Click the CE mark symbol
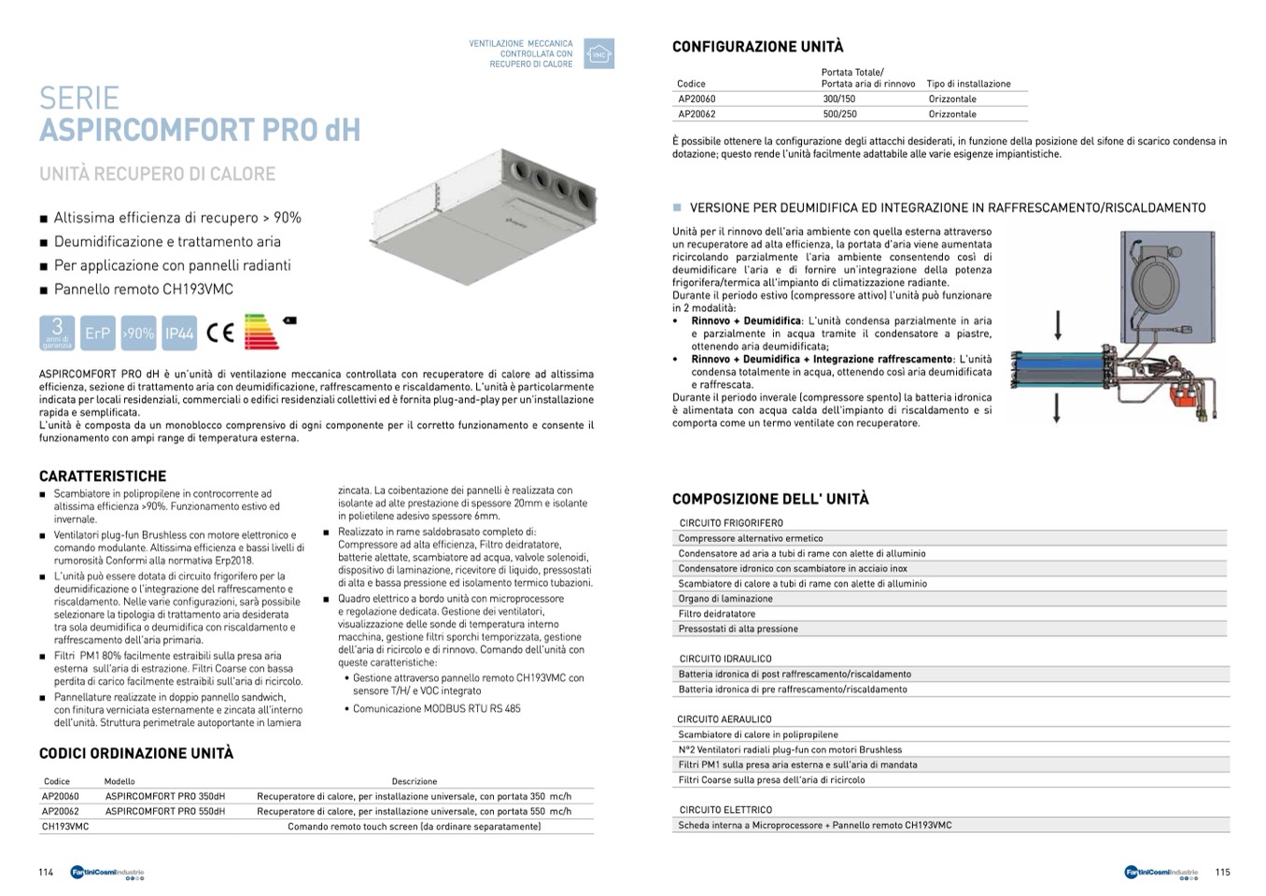click(x=220, y=334)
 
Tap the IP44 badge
click(x=179, y=334)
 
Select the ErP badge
click(x=97, y=334)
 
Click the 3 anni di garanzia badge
click(x=57, y=334)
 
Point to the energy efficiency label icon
click(x=262, y=332)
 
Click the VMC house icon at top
click(x=598, y=54)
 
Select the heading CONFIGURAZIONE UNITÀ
click(x=757, y=47)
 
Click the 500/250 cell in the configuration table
click(x=839, y=114)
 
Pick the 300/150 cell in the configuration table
click(x=838, y=99)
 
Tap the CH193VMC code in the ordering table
click(x=65, y=827)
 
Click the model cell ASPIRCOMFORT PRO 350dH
click(x=165, y=797)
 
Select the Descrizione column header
click(x=415, y=781)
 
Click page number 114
click(x=46, y=873)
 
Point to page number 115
click(x=1222, y=873)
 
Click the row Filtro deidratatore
click(x=717, y=614)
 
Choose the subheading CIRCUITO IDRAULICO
click(x=725, y=659)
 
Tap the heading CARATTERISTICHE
click(x=103, y=476)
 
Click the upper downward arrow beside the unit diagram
click(x=1058, y=325)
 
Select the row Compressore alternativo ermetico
click(x=751, y=538)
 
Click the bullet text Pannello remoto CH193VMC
click(x=144, y=290)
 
